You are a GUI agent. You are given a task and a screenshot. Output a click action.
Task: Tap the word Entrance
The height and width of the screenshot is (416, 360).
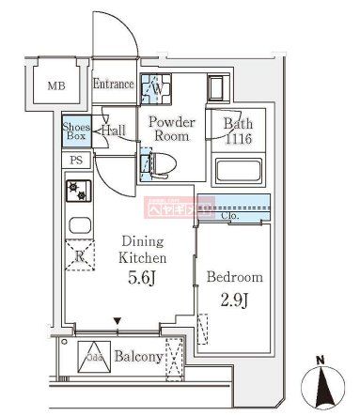114,85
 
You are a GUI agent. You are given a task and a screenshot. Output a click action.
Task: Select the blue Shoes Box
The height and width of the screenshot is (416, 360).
75,131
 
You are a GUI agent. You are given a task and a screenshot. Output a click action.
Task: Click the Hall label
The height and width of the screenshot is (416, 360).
114,131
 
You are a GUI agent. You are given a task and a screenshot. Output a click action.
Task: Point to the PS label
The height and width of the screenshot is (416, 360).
75,161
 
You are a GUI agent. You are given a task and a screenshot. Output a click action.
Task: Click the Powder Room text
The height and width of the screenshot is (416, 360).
171,129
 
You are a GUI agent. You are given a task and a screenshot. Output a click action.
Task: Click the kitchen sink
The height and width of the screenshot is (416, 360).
77,226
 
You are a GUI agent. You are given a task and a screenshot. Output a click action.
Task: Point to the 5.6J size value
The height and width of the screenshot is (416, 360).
142,279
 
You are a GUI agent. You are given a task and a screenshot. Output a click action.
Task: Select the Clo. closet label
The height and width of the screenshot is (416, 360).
231,217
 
